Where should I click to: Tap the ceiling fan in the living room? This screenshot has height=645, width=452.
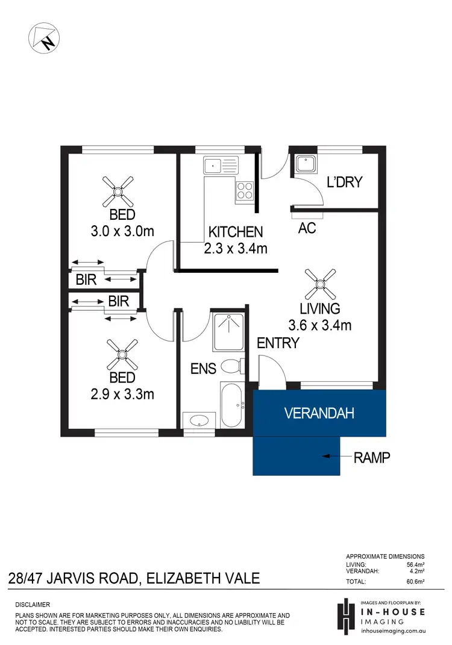[320, 284]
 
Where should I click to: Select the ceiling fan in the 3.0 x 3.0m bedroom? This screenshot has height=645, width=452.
[118, 192]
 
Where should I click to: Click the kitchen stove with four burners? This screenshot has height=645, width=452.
[244, 190]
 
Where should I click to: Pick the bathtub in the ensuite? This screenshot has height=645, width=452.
[231, 405]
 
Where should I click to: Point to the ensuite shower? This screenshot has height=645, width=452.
[228, 332]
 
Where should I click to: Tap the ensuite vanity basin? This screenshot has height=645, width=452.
[198, 420]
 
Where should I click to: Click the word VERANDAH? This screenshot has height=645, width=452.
[319, 414]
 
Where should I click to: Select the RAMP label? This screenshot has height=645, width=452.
[371, 458]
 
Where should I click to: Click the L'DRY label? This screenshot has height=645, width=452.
[345, 182]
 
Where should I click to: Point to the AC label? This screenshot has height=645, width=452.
[307, 228]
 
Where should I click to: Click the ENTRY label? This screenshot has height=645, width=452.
[278, 343]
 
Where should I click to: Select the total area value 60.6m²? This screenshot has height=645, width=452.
[413, 582]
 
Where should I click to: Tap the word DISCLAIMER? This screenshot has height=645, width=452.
[34, 604]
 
